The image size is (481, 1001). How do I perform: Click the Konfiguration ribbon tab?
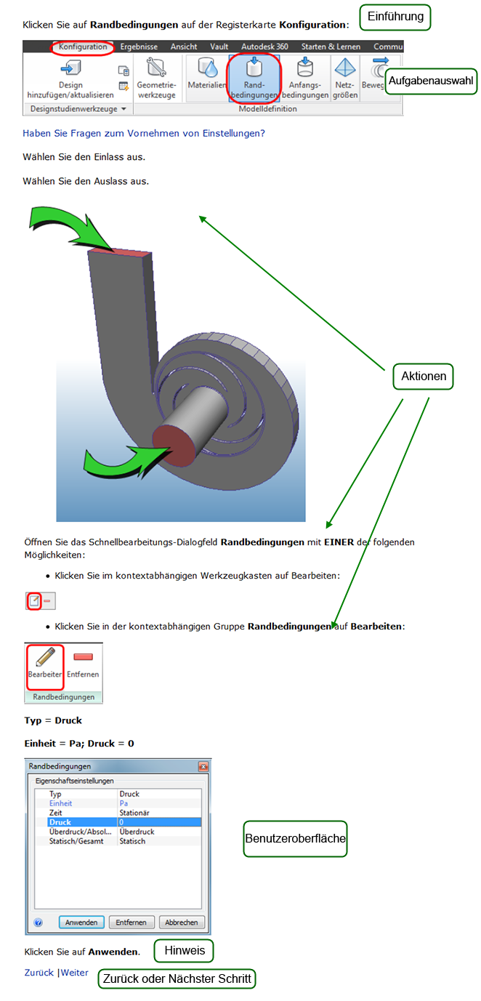point(83,47)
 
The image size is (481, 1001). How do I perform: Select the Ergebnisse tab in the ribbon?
point(139,47)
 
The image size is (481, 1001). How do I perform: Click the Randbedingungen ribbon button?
point(254,78)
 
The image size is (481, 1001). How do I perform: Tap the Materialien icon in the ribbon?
point(207,73)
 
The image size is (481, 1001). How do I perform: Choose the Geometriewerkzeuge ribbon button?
point(156,78)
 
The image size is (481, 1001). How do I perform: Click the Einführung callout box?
point(395,17)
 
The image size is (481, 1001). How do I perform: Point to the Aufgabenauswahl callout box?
point(431,81)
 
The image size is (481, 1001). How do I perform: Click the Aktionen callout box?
point(424,377)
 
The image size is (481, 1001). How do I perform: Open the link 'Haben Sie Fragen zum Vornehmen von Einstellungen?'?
point(144,133)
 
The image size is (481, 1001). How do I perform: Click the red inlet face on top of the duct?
point(120,252)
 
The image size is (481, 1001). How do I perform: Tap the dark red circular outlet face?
point(174,447)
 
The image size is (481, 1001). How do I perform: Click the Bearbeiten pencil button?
point(45,667)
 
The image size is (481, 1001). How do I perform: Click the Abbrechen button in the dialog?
point(182,922)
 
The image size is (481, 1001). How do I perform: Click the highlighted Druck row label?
point(60,822)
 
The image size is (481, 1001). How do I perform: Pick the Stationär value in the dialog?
point(134,813)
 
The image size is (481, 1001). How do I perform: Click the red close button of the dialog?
point(203,766)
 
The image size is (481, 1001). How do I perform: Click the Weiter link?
point(75,973)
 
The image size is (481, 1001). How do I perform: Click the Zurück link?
point(39,973)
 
